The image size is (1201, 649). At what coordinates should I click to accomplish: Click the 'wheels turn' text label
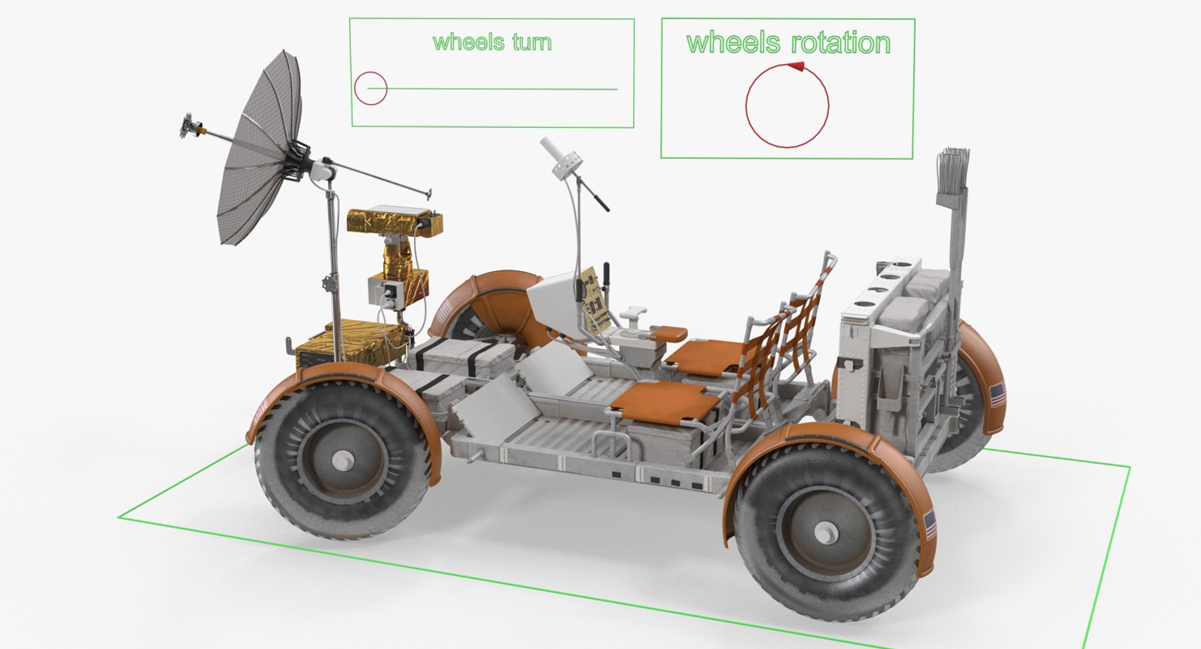click(492, 43)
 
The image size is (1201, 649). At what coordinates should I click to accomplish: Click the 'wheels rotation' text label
click(788, 43)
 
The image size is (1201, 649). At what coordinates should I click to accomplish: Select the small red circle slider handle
click(370, 89)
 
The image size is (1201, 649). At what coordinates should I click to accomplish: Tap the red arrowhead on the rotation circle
click(796, 65)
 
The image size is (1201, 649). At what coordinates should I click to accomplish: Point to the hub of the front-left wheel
click(342, 462)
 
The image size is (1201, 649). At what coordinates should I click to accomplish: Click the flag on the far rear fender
click(997, 395)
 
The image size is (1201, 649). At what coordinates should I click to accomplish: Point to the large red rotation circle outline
click(787, 106)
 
